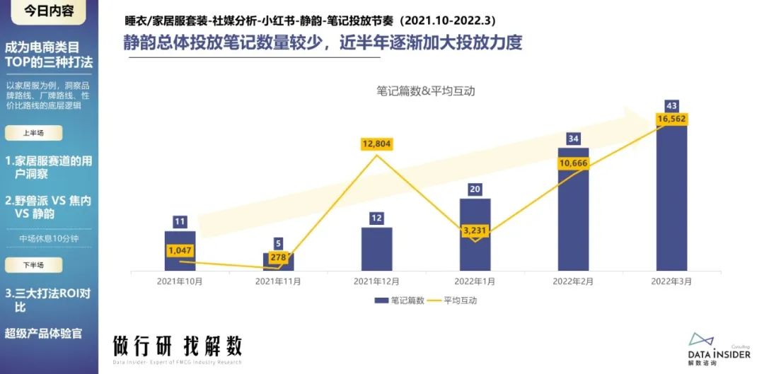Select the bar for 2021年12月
(x=376, y=249)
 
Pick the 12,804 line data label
(x=376, y=144)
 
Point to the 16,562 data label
(x=671, y=120)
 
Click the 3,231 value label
(x=475, y=230)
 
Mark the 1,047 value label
(x=180, y=250)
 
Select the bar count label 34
(x=573, y=138)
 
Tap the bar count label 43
(x=671, y=105)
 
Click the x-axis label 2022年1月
(x=475, y=281)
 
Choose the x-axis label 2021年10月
(x=180, y=281)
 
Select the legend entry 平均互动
(x=454, y=300)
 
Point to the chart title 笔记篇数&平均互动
(x=425, y=91)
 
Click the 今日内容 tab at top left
(x=48, y=11)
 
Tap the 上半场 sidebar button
(x=33, y=133)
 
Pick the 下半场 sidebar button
(x=33, y=265)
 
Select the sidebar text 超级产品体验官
(x=43, y=333)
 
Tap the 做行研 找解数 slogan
(x=178, y=346)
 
